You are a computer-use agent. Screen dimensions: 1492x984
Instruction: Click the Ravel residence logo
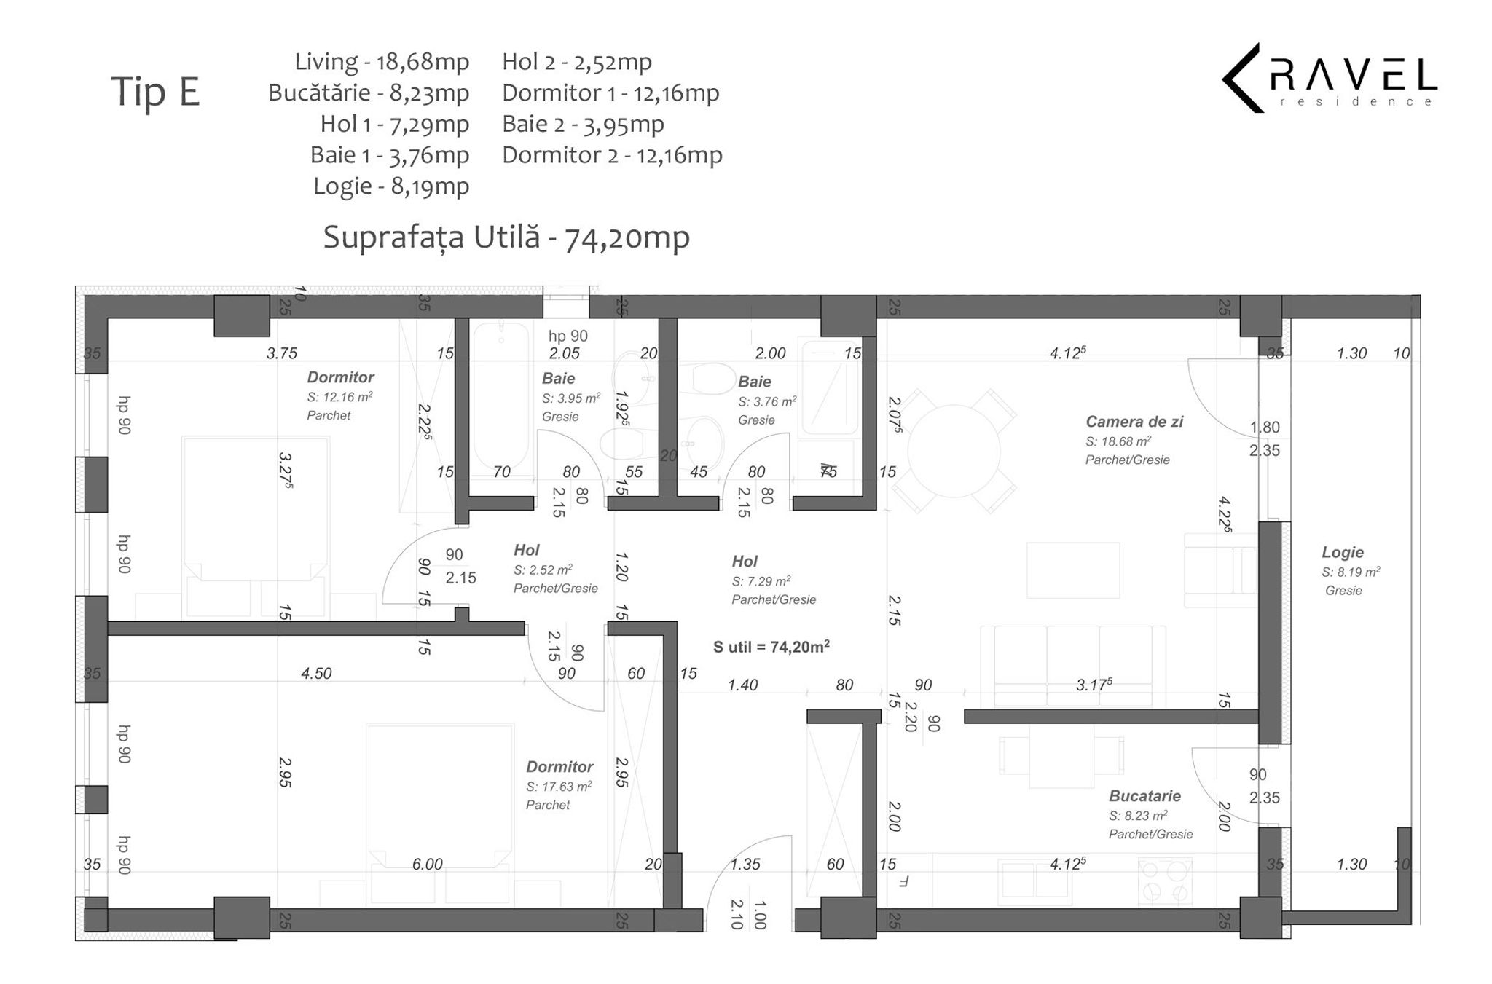[1330, 78]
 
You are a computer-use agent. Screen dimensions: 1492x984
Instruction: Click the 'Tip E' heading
[155, 93]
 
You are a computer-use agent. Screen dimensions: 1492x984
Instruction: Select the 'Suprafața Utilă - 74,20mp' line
[506, 237]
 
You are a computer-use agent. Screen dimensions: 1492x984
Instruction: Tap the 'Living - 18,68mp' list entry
[382, 62]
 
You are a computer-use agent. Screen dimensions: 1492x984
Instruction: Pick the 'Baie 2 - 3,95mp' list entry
[583, 125]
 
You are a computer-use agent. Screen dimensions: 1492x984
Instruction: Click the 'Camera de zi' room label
[1134, 421]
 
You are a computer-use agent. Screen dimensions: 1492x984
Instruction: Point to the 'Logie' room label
[1343, 552]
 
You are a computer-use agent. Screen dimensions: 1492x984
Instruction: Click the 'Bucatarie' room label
[1144, 796]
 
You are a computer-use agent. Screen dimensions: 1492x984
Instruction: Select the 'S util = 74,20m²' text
[771, 646]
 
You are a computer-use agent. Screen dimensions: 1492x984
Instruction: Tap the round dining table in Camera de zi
[953, 451]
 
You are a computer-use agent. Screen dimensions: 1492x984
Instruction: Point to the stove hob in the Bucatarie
[1166, 881]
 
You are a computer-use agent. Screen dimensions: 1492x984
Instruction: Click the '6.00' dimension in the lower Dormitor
[427, 865]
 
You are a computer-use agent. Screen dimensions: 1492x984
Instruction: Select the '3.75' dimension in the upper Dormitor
[282, 353]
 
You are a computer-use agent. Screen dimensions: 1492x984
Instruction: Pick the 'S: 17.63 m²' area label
[559, 787]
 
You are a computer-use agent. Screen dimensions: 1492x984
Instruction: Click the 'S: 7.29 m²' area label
[761, 581]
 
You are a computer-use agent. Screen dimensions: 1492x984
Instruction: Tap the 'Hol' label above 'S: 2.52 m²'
[526, 550]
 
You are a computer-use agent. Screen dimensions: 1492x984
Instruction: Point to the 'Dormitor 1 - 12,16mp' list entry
[610, 93]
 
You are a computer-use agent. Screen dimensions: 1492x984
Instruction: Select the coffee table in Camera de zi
[1074, 570]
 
